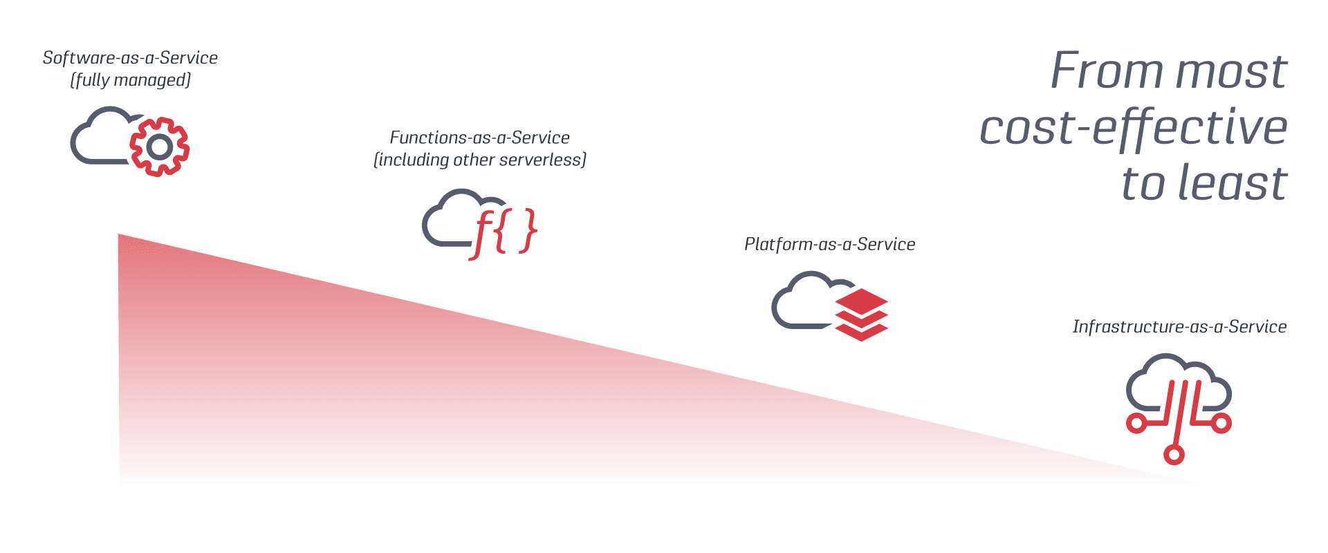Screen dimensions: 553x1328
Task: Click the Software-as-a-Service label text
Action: coord(130,58)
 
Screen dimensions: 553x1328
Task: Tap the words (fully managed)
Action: coord(130,80)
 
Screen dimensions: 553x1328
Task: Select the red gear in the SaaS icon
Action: coord(160,147)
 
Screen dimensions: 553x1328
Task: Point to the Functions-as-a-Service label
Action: coord(479,138)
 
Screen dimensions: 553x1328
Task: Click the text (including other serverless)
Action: coord(479,160)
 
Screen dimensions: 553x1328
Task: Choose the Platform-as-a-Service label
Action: coord(829,244)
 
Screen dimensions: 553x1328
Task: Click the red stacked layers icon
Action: coord(862,315)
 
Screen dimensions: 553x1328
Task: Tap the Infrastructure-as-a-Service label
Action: coord(1179,327)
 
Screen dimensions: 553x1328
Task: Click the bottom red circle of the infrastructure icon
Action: coord(1174,454)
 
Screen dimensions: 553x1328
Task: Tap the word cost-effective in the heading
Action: coord(1134,129)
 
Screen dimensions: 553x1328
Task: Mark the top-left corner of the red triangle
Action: coord(119,236)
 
